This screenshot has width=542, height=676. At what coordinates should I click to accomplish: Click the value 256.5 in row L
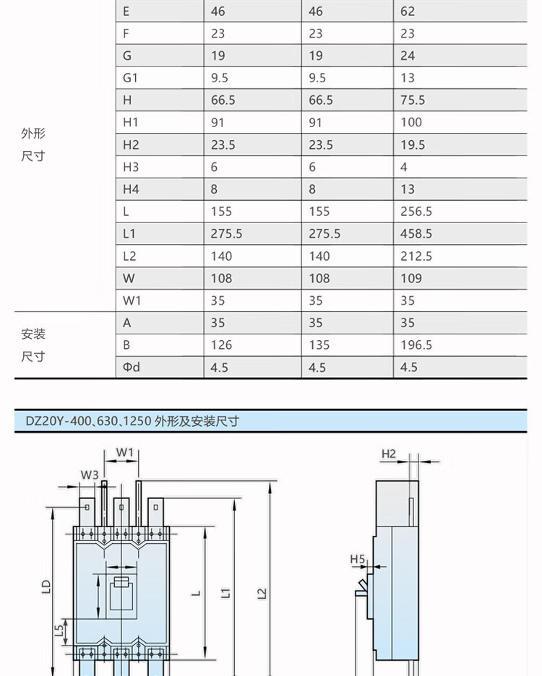(x=416, y=211)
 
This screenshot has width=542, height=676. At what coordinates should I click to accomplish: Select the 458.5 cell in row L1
(x=416, y=234)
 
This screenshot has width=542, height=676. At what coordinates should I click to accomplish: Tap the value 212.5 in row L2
(x=416, y=256)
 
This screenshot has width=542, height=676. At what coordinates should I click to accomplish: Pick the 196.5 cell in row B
(x=416, y=345)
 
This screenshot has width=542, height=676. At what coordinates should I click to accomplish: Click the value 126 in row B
(x=221, y=345)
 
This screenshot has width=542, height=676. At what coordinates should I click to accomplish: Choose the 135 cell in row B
(x=319, y=345)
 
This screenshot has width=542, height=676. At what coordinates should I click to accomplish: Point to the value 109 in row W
(x=411, y=278)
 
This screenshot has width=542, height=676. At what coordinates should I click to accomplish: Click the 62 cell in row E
(x=408, y=12)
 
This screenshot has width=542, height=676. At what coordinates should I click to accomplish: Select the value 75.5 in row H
(x=413, y=100)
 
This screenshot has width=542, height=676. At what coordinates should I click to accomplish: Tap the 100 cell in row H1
(x=411, y=122)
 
